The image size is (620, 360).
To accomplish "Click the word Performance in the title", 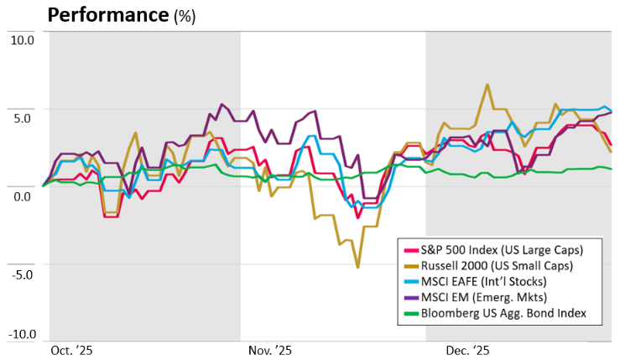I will point(108,15).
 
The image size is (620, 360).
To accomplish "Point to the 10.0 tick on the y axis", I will point(20,39).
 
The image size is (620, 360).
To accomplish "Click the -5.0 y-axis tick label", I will point(21,274).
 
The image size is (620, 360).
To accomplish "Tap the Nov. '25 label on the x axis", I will point(270,351).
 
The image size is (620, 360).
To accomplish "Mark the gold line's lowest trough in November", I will point(358,267).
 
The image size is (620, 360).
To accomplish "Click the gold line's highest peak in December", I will point(487,85).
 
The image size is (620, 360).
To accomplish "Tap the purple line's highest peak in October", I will point(221,105).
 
